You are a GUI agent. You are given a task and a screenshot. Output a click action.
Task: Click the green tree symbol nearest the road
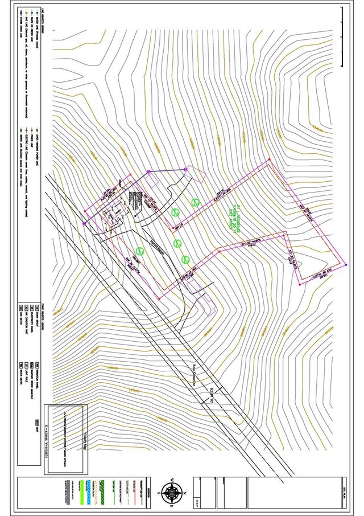tap(139, 249)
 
